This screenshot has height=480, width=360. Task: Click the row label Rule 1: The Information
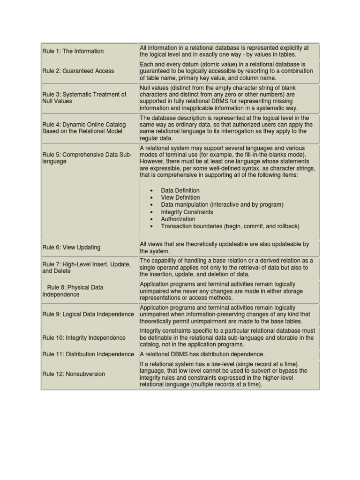pyautogui.click(x=73, y=51)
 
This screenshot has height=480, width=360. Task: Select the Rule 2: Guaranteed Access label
pyautogui.click(x=78, y=71)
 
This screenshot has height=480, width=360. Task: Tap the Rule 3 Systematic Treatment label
pyautogui.click(x=84, y=97)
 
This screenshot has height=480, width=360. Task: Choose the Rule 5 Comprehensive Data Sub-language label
pyautogui.click(x=87, y=157)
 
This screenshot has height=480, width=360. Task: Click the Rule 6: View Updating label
pyautogui.click(x=71, y=247)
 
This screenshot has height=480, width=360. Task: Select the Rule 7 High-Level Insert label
pyautogui.click(x=86, y=268)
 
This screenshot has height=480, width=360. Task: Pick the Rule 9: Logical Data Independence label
pyautogui.click(x=88, y=314)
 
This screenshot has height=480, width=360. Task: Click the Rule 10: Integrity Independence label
pyautogui.click(x=84, y=337)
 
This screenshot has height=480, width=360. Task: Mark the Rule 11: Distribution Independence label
pyautogui.click(x=88, y=354)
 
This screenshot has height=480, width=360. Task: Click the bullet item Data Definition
pyautogui.click(x=180, y=190)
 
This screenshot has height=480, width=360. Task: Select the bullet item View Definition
pyautogui.click(x=180, y=198)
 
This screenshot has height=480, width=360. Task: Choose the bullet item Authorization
pyautogui.click(x=178, y=219)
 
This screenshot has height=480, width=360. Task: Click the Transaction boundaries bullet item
pyautogui.click(x=230, y=226)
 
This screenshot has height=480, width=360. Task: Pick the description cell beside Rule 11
pyautogui.click(x=202, y=354)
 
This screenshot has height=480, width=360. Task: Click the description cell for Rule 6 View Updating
pyautogui.click(x=225, y=247)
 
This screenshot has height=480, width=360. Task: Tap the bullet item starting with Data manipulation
pyautogui.click(x=222, y=205)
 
